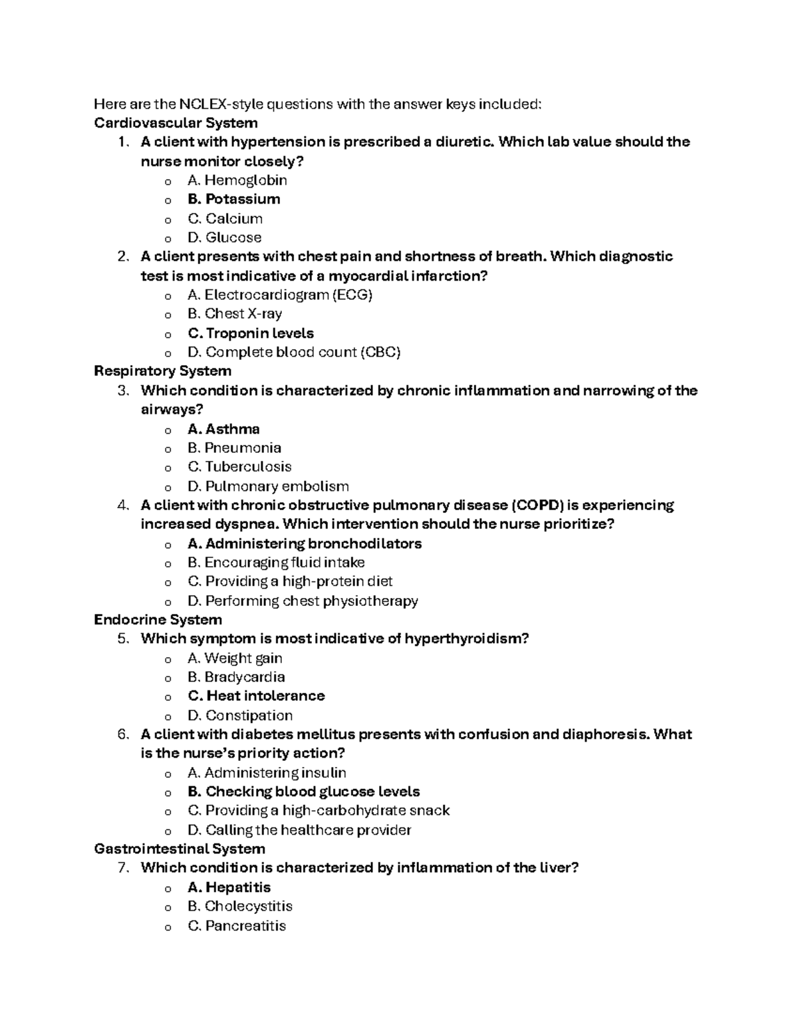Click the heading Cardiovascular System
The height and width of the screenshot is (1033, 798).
click(x=176, y=123)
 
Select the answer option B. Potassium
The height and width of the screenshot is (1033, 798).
click(x=233, y=199)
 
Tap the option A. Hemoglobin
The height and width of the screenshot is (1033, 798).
click(x=237, y=180)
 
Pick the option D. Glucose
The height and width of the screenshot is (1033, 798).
click(x=225, y=237)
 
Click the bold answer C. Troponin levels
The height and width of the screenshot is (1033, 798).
click(x=251, y=333)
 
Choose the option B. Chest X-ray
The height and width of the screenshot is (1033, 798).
click(x=235, y=314)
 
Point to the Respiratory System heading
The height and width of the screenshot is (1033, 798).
click(x=162, y=371)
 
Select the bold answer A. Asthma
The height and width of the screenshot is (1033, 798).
click(x=223, y=429)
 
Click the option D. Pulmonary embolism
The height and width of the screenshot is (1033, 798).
click(x=268, y=486)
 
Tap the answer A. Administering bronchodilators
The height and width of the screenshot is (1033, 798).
click(x=305, y=543)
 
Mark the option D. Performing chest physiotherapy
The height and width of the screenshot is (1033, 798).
click(x=303, y=601)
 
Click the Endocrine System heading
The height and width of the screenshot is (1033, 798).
click(x=158, y=620)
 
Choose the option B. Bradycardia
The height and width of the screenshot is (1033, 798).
click(x=236, y=677)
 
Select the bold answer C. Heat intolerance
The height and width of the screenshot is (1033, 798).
click(x=256, y=696)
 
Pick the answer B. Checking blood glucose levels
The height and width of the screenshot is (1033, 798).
click(x=304, y=792)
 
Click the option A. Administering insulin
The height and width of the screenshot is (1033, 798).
click(x=267, y=773)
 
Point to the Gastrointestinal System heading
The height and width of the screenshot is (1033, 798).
click(x=180, y=849)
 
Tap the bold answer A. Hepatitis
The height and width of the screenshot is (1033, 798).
click(x=229, y=887)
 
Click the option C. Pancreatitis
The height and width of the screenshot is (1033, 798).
click(x=237, y=926)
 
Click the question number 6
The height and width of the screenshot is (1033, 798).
click(x=122, y=735)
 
